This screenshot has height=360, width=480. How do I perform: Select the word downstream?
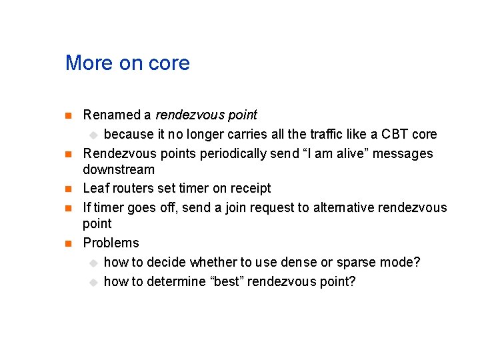[x=119, y=169]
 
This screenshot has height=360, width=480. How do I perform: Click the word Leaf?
[x=95, y=189]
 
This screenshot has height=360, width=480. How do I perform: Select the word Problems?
[x=111, y=243]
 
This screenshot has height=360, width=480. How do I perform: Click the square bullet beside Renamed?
[x=67, y=116]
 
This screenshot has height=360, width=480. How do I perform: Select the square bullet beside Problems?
[x=67, y=243]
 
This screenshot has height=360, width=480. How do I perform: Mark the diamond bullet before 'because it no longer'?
[x=94, y=135]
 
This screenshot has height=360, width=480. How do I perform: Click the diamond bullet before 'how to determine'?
[x=94, y=282]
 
